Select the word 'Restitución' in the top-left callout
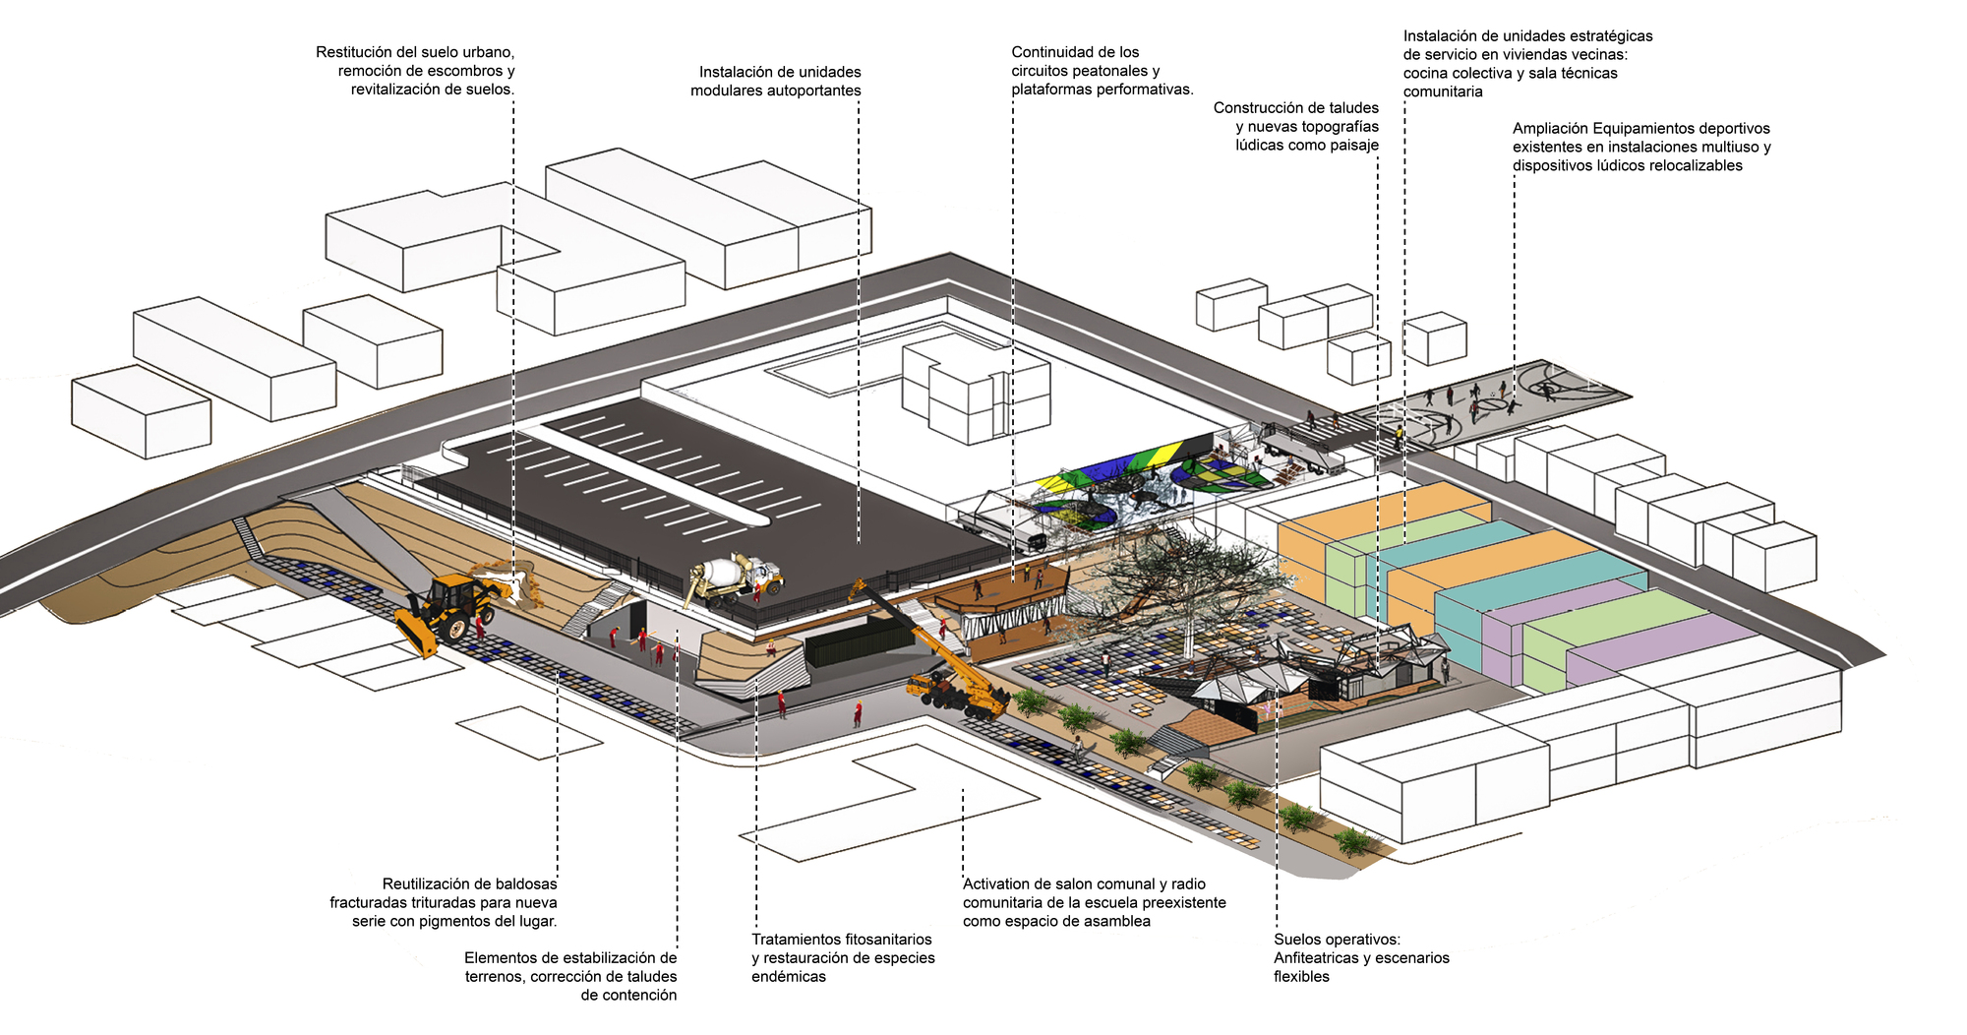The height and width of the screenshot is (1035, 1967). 355,52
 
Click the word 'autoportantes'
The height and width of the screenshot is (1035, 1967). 815,91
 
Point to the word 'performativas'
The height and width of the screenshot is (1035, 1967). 1145,90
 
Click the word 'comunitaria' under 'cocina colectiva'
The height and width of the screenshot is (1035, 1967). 1443,91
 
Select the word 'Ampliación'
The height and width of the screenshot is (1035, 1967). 1550,129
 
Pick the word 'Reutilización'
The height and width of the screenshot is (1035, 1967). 429,884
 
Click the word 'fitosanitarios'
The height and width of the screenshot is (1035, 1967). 884,940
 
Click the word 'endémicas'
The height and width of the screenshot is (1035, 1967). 789,977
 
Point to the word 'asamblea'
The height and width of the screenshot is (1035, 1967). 1116,922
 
